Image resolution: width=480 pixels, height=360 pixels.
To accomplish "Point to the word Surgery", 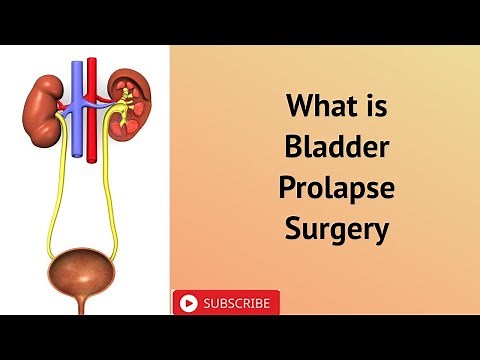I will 335,229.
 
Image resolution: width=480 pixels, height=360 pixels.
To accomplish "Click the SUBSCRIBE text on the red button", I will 236,303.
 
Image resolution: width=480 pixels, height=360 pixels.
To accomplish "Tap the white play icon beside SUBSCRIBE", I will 188,303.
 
